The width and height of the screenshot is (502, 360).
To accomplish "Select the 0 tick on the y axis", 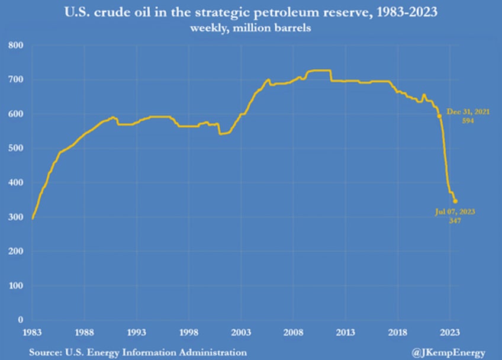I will tap(20, 320).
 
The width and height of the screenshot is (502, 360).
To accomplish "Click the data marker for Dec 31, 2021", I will tap(439, 116).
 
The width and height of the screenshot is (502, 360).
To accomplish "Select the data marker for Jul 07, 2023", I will tap(455, 201).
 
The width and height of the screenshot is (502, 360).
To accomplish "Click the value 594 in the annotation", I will tap(468, 120).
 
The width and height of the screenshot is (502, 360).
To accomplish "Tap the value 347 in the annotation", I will tap(455, 220).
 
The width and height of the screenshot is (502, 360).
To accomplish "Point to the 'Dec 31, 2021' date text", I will tap(468, 111).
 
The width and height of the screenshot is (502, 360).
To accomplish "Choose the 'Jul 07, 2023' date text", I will tap(454, 211).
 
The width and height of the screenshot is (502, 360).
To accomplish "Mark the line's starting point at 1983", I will tap(33, 219).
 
